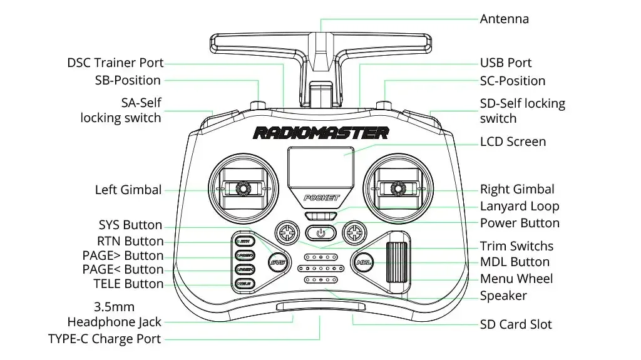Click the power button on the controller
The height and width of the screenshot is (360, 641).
tap(320, 233)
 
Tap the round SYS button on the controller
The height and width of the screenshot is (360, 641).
tap(277, 262)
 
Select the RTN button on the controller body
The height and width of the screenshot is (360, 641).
tap(244, 241)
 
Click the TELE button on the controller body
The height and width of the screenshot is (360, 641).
tap(244, 284)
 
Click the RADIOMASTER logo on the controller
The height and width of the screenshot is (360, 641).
tap(320, 133)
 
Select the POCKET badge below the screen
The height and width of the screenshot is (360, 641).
tap(321, 198)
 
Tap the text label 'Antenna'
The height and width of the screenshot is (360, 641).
tap(504, 19)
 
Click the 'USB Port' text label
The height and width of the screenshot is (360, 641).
tap(506, 63)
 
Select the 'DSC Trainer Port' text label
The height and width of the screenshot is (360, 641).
tap(115, 63)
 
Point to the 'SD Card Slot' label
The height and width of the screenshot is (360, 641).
tap(516, 324)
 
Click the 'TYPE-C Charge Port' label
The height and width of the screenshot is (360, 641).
tap(105, 339)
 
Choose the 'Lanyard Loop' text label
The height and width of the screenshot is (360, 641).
tap(520, 207)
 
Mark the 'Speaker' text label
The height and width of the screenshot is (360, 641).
tap(503, 296)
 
